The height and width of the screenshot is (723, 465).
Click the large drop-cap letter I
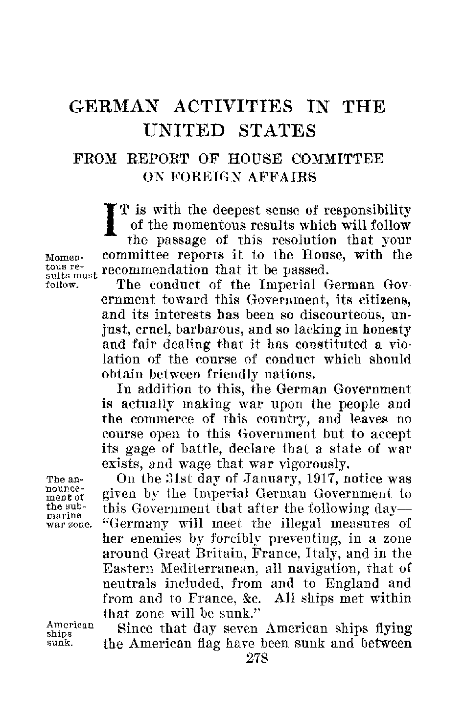(111, 219)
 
